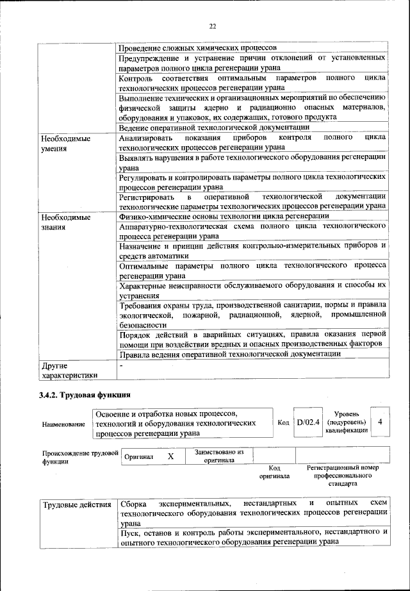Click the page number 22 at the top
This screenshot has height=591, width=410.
[212, 26]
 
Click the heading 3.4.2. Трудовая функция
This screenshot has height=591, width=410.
[85, 395]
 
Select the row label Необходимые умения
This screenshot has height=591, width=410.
[65, 143]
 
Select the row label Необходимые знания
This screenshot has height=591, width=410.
[65, 221]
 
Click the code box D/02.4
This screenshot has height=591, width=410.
[307, 422]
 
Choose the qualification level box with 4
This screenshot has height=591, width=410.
[381, 422]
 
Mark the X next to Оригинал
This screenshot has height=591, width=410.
[170, 456]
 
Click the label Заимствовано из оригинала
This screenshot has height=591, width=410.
[214, 456]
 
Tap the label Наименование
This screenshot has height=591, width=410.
[63, 424]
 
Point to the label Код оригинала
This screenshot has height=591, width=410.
[274, 472]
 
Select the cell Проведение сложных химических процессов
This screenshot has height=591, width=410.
[198, 48]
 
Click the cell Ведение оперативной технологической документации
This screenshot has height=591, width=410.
[206, 128]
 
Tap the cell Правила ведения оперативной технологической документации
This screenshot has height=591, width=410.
[229, 354]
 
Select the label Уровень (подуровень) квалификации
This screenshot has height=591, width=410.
[346, 422]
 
